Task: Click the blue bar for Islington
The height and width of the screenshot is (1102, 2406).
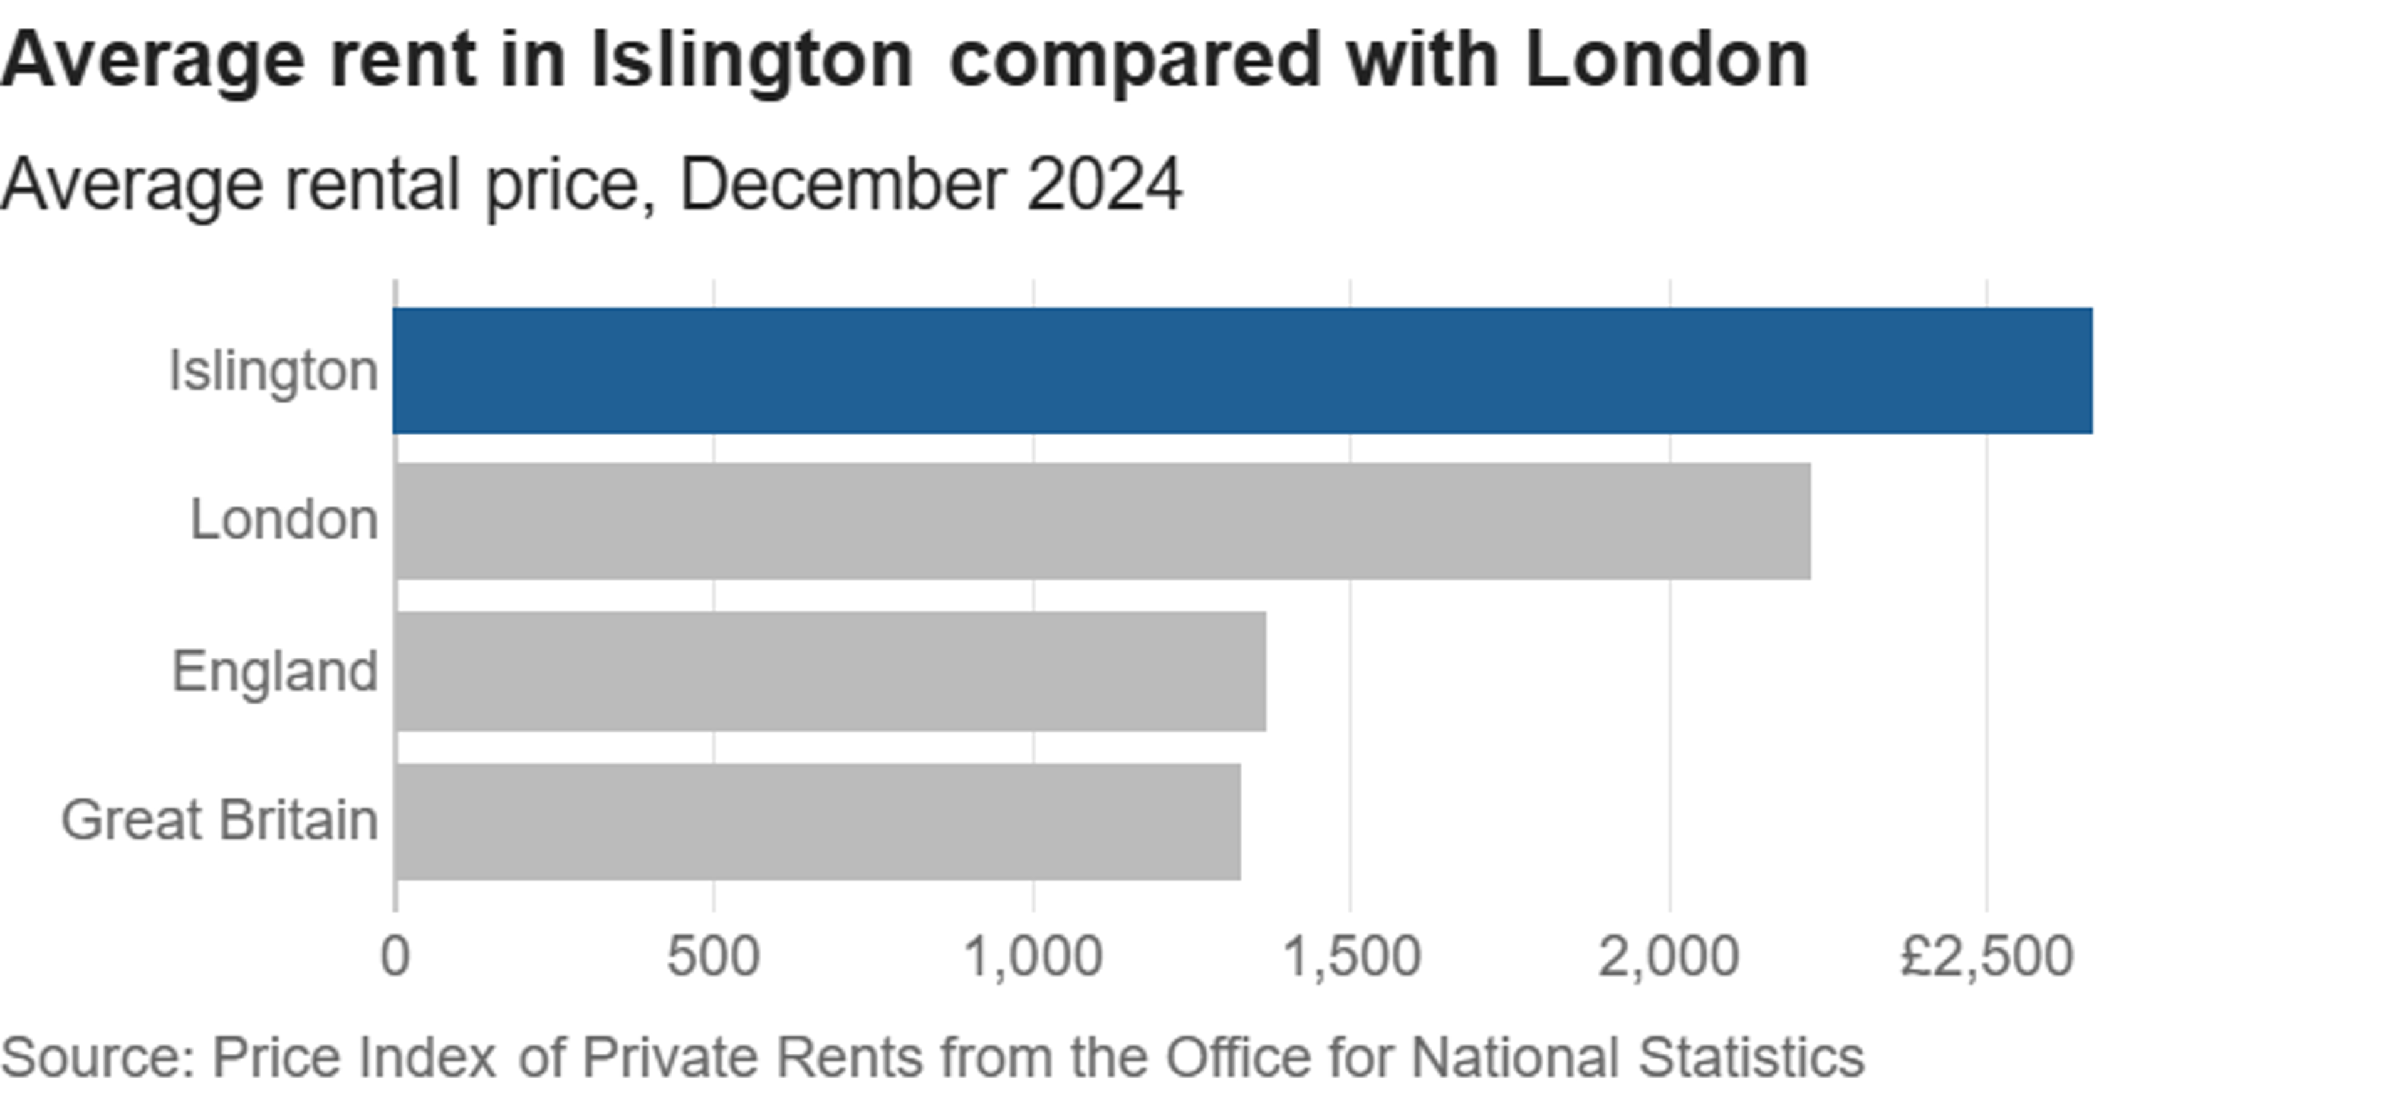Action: [1242, 371]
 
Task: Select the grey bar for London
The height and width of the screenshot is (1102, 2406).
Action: [1102, 521]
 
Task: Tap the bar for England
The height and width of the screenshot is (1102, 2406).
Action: [830, 672]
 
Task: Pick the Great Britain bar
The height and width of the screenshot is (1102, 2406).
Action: [817, 822]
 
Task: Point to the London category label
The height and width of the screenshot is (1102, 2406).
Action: [284, 519]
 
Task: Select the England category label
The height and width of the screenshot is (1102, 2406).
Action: [274, 672]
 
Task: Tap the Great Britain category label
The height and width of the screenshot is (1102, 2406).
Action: [219, 821]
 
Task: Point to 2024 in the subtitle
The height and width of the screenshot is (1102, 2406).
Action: [1104, 184]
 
